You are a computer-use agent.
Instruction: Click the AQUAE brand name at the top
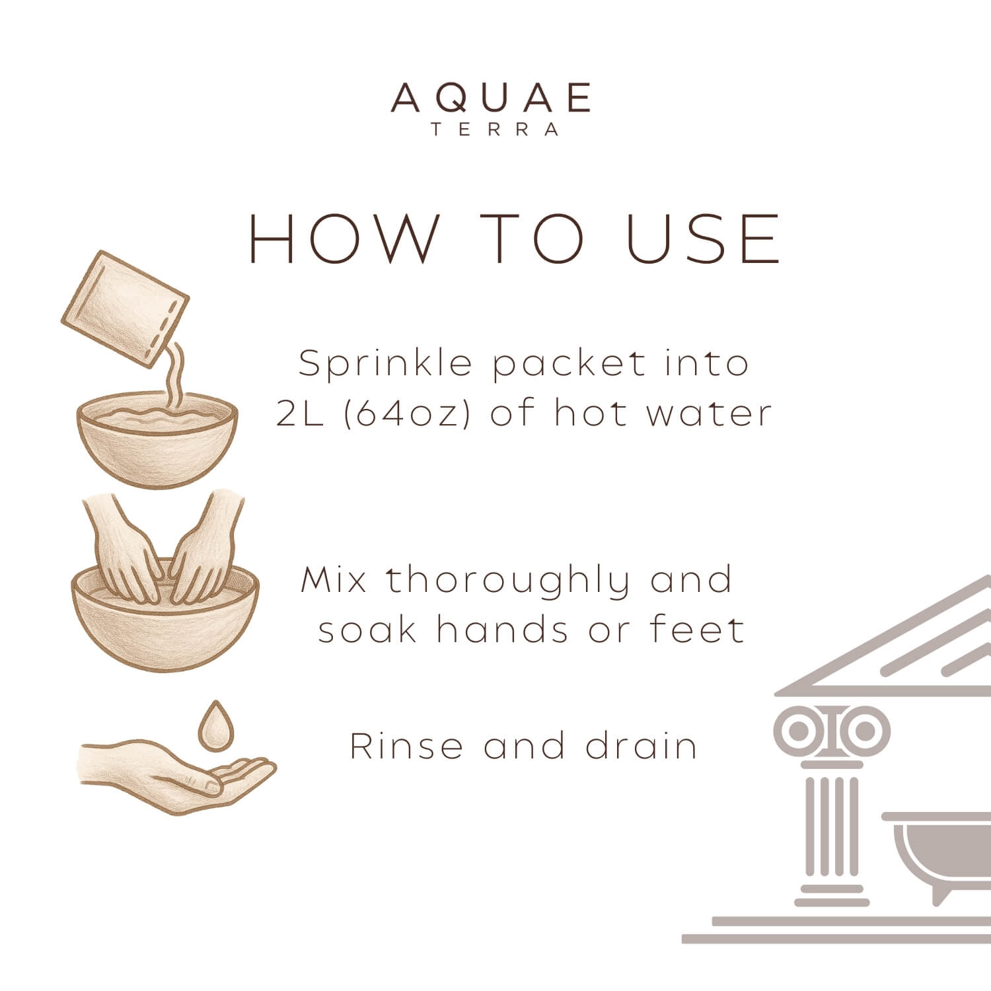491,98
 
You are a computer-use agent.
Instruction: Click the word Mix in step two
334,580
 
